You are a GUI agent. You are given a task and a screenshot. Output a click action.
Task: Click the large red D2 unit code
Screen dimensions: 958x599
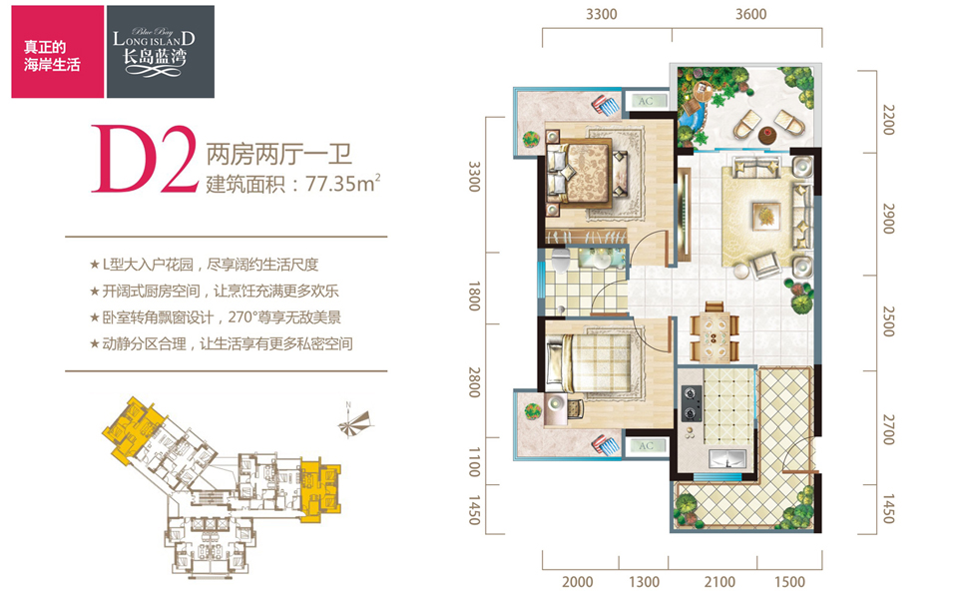click(145, 159)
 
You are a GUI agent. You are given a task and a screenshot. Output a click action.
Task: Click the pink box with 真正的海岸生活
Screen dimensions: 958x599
click(58, 51)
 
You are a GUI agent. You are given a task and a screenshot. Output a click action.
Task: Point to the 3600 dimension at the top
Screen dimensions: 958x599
click(750, 13)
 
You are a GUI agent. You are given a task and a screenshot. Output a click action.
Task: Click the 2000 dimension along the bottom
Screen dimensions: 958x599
click(578, 582)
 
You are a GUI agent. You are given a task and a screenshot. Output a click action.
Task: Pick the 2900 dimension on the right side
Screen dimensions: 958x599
click(889, 219)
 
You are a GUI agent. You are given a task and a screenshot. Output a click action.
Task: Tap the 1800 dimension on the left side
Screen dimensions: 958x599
click(474, 296)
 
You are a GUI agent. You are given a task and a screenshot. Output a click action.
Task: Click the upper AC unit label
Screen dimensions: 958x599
click(646, 102)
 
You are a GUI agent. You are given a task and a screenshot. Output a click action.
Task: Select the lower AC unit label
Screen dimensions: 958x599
click(646, 445)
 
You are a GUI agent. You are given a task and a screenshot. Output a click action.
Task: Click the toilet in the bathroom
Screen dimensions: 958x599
click(560, 261)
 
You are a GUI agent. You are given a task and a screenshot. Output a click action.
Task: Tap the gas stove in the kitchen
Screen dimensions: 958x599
click(691, 402)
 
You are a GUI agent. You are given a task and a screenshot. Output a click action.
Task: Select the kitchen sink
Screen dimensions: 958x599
click(727, 458)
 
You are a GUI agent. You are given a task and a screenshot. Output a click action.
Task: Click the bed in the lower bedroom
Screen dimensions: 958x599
click(589, 365)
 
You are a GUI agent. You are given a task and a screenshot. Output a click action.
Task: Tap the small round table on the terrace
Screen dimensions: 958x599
click(767, 134)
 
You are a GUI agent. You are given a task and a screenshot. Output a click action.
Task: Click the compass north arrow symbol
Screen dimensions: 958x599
click(355, 421)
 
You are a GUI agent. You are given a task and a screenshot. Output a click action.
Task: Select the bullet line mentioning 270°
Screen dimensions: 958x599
click(216, 317)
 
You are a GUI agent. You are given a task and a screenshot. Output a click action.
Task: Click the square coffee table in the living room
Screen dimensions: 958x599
click(765, 215)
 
